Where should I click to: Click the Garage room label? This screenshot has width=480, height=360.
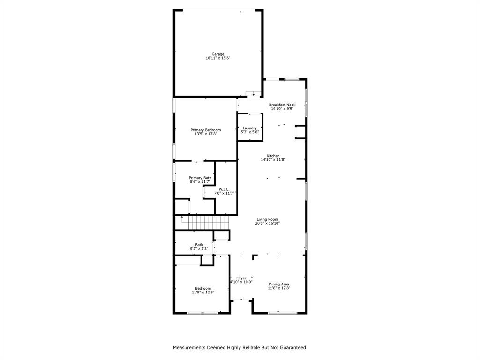[x=217, y=54]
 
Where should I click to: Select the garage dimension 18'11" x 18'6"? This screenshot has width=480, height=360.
[x=217, y=58]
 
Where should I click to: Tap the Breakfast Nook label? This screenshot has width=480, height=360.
[x=282, y=105]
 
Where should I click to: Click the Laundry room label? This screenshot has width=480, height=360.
[x=249, y=128]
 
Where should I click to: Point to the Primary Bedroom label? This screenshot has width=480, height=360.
[x=205, y=130]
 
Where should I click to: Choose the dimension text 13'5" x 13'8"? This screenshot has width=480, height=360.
[x=205, y=134]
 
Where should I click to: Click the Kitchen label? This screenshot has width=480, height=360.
[x=273, y=156]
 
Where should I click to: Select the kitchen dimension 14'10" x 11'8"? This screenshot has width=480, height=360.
[x=273, y=160]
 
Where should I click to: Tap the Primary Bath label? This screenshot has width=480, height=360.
[x=200, y=178]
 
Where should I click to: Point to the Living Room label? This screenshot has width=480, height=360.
[x=267, y=219]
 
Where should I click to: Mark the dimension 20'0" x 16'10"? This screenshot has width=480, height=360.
[x=267, y=224]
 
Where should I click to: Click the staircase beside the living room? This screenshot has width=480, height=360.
[x=204, y=223]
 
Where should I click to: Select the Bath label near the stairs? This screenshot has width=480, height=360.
[x=199, y=244]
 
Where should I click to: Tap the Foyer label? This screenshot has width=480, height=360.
[x=241, y=278]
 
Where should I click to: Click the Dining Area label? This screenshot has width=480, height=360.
[x=278, y=284]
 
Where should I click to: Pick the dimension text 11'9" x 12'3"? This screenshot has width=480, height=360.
[x=203, y=292]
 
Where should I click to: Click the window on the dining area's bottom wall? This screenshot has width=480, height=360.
[x=283, y=313]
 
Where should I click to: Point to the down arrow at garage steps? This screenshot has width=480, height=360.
[x=254, y=94]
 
